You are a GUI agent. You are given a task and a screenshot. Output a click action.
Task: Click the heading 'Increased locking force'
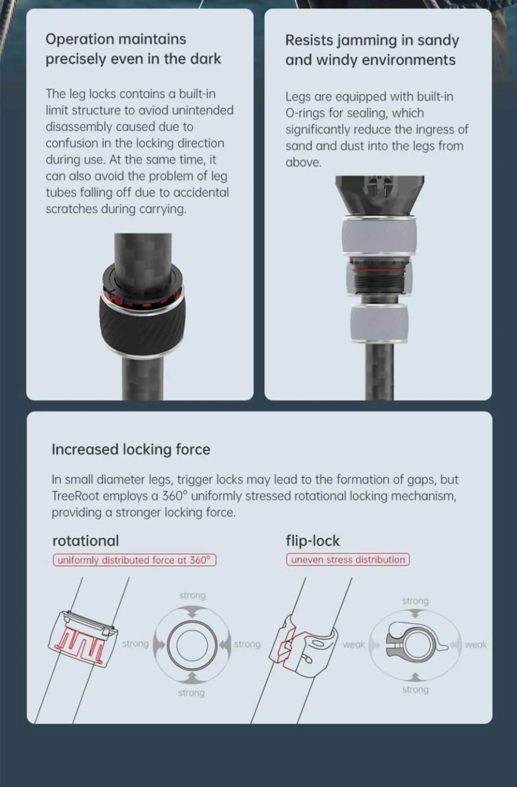(x=131, y=450)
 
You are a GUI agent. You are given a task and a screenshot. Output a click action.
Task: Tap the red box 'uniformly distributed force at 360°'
(x=134, y=560)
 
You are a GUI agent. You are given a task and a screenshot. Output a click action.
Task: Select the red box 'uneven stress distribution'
(x=348, y=559)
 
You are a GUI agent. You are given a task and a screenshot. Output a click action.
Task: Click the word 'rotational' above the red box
(x=85, y=541)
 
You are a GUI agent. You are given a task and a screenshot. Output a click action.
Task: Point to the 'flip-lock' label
(x=313, y=541)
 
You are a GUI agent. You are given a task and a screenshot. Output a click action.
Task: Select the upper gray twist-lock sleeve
(x=379, y=236)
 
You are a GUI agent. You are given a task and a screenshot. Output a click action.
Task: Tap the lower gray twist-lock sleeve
(x=379, y=324)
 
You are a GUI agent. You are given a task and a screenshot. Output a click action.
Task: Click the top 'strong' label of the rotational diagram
(x=192, y=596)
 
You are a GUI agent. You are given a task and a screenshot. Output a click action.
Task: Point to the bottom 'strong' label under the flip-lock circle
(x=415, y=690)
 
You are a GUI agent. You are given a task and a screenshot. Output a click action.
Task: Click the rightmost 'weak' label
(x=476, y=645)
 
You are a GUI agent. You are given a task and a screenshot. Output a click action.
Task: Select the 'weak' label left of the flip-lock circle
(x=354, y=645)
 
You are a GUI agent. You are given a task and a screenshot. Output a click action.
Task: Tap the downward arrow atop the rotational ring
(x=192, y=612)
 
